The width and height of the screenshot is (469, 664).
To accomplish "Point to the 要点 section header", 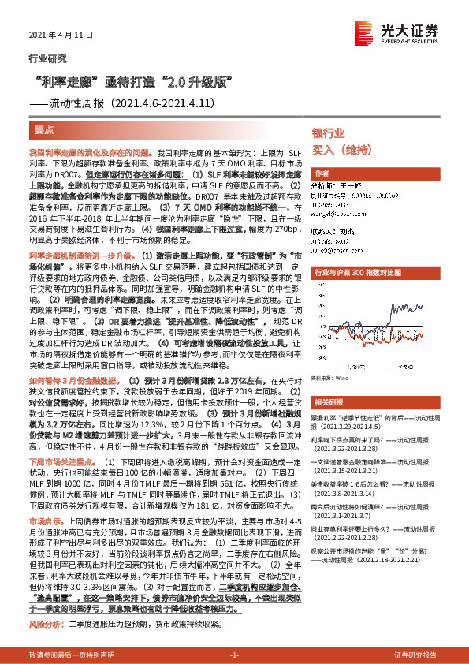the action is pos(45,128).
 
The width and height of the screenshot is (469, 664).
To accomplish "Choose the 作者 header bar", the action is pos(322,173).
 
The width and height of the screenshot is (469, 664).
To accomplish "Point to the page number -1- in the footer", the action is pos(234,656).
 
